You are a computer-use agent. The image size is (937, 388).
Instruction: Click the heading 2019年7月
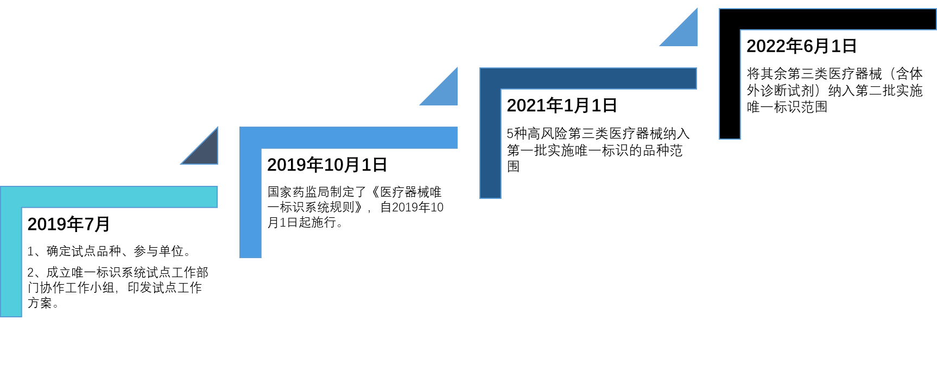(x=68, y=224)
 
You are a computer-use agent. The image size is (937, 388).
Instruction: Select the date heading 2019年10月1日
(x=327, y=165)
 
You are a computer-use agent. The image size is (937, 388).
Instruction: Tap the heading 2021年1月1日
(x=562, y=105)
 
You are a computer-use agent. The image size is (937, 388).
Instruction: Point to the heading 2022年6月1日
(x=801, y=46)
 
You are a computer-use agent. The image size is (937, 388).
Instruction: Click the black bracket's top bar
(x=828, y=19)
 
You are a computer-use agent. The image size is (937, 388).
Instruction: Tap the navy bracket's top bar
(x=588, y=78)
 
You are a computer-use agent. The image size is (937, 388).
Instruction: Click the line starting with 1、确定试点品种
(x=109, y=251)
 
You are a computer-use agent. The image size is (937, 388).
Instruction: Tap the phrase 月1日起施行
(x=301, y=222)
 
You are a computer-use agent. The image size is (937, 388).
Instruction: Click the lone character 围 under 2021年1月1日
(x=513, y=166)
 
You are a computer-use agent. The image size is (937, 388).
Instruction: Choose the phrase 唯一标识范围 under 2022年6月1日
(x=787, y=107)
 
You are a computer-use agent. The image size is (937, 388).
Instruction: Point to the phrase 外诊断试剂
(x=781, y=91)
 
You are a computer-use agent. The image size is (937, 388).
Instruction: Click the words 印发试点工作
(x=165, y=287)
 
